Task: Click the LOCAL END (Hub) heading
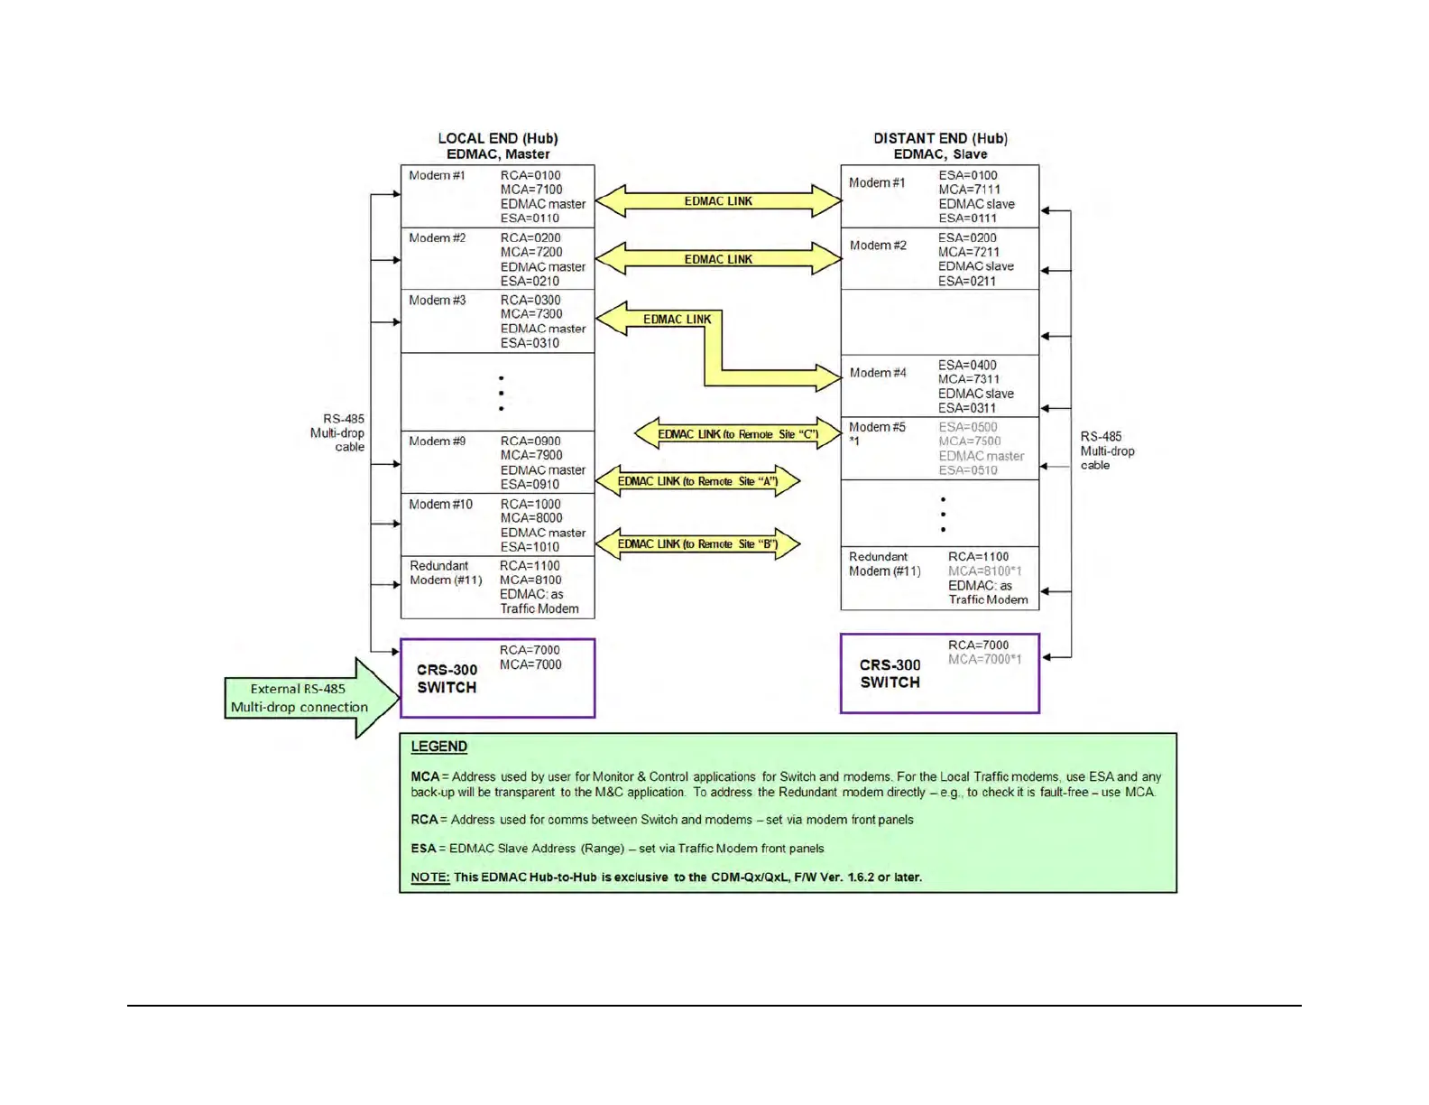tap(498, 138)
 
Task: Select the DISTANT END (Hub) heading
tap(940, 138)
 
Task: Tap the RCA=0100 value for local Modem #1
tap(530, 175)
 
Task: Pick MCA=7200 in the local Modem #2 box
tap(531, 252)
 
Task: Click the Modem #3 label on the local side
tap(438, 300)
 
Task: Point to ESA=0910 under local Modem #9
tap(530, 484)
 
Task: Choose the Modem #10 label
tap(440, 504)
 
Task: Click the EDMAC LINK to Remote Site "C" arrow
tap(738, 434)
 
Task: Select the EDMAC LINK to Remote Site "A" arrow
tap(697, 481)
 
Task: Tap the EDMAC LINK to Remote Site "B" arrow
tap(697, 544)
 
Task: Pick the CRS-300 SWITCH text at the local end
tap(447, 678)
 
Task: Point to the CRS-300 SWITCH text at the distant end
tap(890, 673)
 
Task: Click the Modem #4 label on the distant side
tap(878, 373)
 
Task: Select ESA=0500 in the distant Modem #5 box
tap(968, 427)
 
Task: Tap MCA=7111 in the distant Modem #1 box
tap(969, 190)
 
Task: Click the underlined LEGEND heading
tap(439, 747)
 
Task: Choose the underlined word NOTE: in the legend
tap(430, 877)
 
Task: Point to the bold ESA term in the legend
tap(423, 849)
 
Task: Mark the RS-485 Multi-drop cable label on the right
tap(1107, 450)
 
